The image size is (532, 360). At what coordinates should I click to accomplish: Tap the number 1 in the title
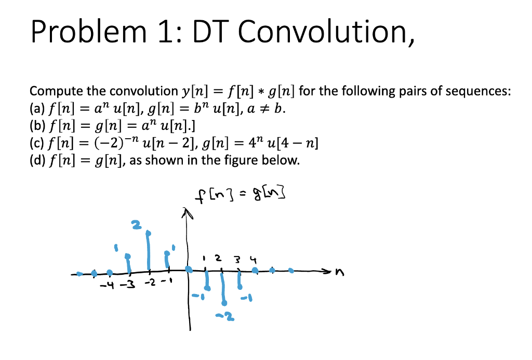tap(166, 33)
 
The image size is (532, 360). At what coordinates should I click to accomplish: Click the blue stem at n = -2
tap(149, 252)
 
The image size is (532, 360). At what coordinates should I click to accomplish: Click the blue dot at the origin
tap(189, 270)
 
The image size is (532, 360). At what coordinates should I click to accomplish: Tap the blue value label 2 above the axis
tap(136, 225)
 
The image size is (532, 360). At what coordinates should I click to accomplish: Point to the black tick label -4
tap(107, 285)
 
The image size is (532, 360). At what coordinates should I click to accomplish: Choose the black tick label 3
tap(237, 258)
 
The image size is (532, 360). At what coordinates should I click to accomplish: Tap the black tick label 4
tap(253, 258)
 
